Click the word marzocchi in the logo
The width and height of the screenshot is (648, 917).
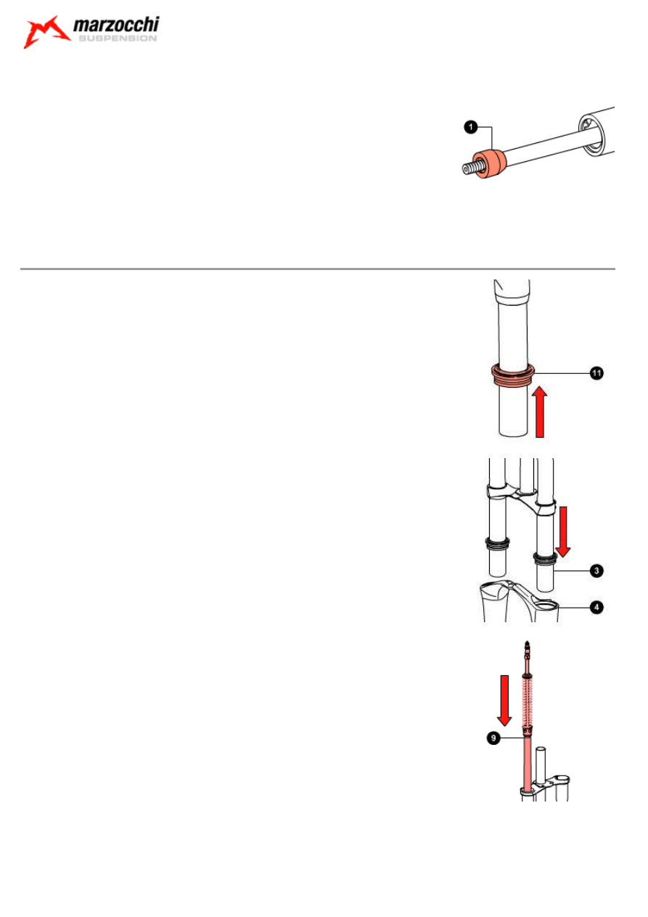pyautogui.click(x=116, y=25)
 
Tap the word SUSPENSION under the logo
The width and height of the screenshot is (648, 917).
pyautogui.click(x=118, y=38)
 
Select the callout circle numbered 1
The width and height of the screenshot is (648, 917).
pyautogui.click(x=471, y=127)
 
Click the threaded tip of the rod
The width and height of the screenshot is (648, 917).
pyautogui.click(x=472, y=168)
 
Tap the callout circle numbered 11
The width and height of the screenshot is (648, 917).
pyautogui.click(x=596, y=373)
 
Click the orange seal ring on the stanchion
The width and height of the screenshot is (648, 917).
pyautogui.click(x=512, y=374)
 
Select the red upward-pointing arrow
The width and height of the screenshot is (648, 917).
pyautogui.click(x=540, y=412)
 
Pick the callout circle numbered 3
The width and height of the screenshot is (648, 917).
pyautogui.click(x=596, y=571)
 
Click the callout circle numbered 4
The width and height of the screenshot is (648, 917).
pyautogui.click(x=596, y=607)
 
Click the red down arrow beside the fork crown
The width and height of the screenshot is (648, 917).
pyautogui.click(x=563, y=531)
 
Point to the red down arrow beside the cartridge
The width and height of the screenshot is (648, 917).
pyautogui.click(x=504, y=701)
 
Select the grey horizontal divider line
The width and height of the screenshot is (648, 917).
pyautogui.click(x=317, y=269)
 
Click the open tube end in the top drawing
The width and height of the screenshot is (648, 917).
pyautogui.click(x=592, y=136)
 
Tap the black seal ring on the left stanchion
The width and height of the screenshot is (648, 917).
pyautogui.click(x=498, y=543)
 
